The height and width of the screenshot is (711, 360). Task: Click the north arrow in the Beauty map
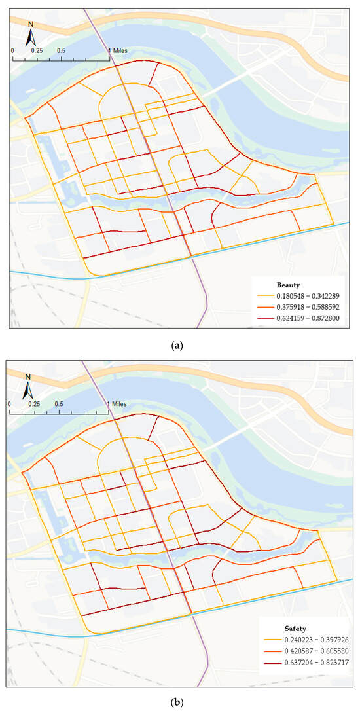click(x=30, y=34)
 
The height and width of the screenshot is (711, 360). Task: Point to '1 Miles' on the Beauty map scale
click(x=118, y=50)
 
